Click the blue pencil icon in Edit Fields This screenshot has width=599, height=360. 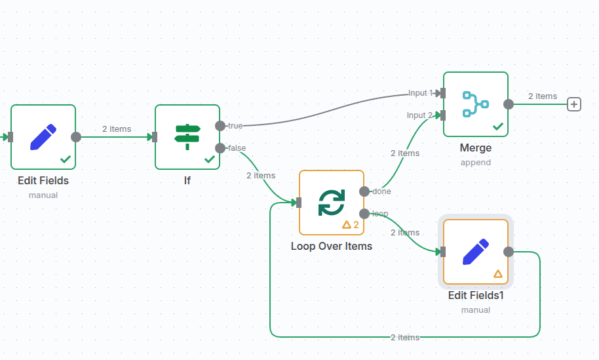pos(43,137)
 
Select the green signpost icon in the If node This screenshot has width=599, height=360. pos(187,137)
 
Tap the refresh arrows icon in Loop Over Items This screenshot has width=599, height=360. pos(332,203)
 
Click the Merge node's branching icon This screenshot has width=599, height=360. pos(476,104)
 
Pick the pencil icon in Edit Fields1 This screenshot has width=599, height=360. pos(476,252)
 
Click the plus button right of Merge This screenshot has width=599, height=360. pos(574,104)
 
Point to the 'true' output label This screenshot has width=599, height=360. pos(235,125)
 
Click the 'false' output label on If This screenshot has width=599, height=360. pos(237,148)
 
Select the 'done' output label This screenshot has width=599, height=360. pos(381,191)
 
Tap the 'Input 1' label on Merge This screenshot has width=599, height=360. pos(421,93)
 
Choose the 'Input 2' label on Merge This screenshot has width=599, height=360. pos(420,115)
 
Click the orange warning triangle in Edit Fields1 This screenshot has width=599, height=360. pos(497,274)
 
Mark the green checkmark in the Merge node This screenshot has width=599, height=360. pos(498,127)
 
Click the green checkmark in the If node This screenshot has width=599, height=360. pos(210,159)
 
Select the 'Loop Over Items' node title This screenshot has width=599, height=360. pos(332,247)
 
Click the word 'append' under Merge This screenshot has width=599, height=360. pos(476,163)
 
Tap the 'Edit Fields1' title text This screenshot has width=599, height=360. pos(476,296)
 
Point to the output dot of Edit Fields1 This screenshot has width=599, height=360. pos(509,252)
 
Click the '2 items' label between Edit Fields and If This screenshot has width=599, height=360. pos(117,129)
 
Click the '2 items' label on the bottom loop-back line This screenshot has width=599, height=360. pos(405,338)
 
